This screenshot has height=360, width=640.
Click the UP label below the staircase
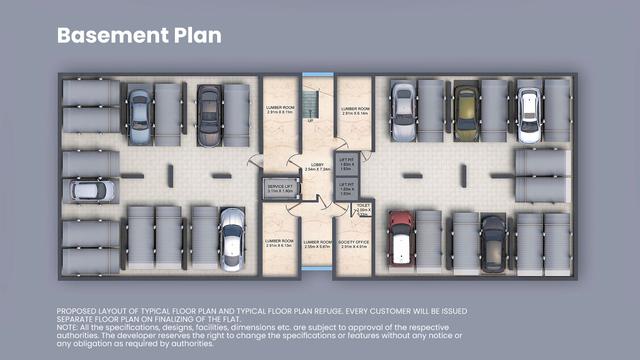point(311,121)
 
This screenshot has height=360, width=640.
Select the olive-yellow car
point(466,104)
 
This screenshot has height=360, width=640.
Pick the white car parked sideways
point(91,190)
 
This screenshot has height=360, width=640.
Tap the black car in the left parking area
point(209,102)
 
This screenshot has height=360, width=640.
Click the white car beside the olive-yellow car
point(529,103)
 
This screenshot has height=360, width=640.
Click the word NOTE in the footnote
point(67,326)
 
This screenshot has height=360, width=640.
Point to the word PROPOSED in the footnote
point(78,312)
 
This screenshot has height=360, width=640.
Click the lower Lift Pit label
point(347,187)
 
